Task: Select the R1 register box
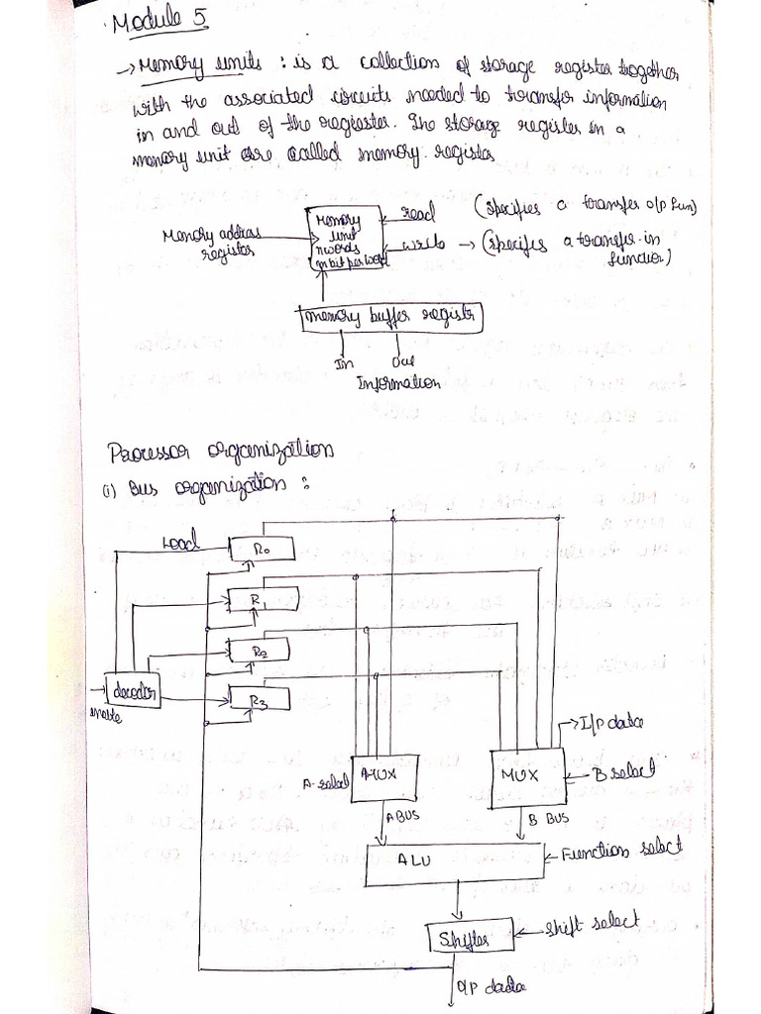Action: point(263,598)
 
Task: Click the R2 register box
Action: point(259,651)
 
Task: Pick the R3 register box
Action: point(259,699)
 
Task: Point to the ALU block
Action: point(455,863)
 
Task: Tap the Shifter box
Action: point(471,937)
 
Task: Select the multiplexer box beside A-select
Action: point(384,777)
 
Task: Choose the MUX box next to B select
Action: point(527,776)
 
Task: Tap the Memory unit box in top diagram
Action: point(345,239)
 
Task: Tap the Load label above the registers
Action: point(180,542)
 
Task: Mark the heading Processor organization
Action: point(220,451)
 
